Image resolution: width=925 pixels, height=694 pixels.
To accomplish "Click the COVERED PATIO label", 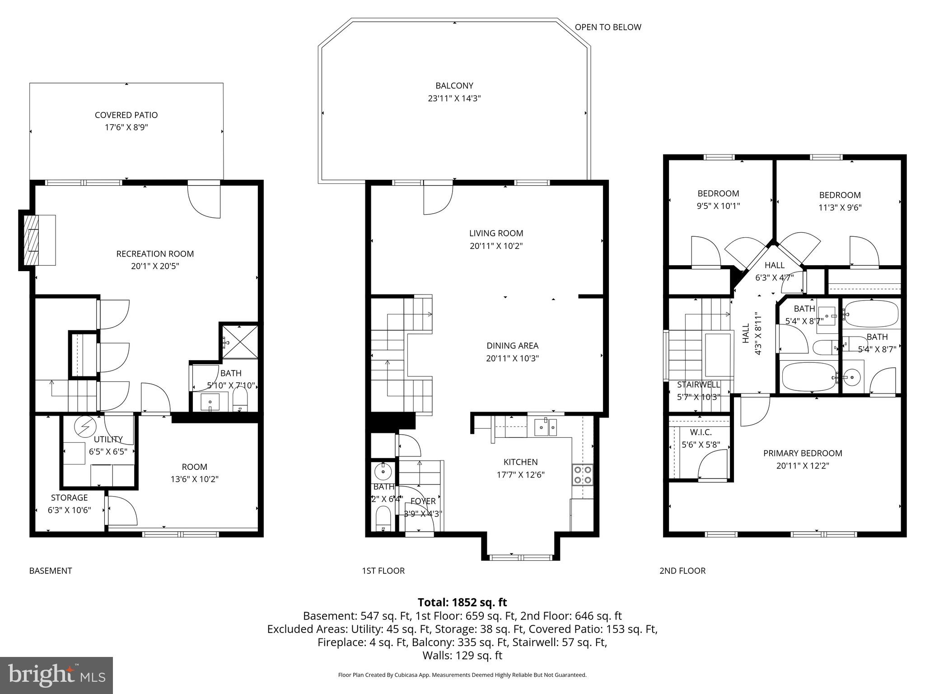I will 126,115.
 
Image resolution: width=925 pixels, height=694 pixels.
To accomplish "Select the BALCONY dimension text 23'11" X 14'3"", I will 454,98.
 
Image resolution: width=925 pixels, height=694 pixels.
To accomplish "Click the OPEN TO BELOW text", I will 607,27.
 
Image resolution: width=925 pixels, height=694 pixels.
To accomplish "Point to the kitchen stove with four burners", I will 582,475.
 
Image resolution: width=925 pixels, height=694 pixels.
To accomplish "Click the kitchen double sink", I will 546,427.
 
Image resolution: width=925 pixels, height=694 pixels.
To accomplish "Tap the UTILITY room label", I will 108,439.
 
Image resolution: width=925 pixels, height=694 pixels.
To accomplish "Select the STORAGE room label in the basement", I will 69,497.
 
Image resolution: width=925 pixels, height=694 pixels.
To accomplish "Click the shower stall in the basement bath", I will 239,341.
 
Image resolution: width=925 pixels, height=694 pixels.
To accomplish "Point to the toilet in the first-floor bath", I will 383,517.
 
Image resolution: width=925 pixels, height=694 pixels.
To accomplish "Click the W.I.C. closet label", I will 701,432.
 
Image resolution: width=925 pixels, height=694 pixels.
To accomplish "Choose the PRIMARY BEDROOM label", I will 803,453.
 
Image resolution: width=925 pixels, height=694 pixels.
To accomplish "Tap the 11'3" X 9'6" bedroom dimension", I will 840,208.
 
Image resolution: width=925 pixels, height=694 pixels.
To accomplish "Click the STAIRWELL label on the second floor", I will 698,385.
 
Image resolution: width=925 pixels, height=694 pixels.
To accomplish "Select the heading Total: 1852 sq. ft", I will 462,602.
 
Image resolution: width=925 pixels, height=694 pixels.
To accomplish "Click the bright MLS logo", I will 56,675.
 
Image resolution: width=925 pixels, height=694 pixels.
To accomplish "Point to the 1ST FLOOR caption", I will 383,571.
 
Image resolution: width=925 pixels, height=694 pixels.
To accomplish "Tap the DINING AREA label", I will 512,346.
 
